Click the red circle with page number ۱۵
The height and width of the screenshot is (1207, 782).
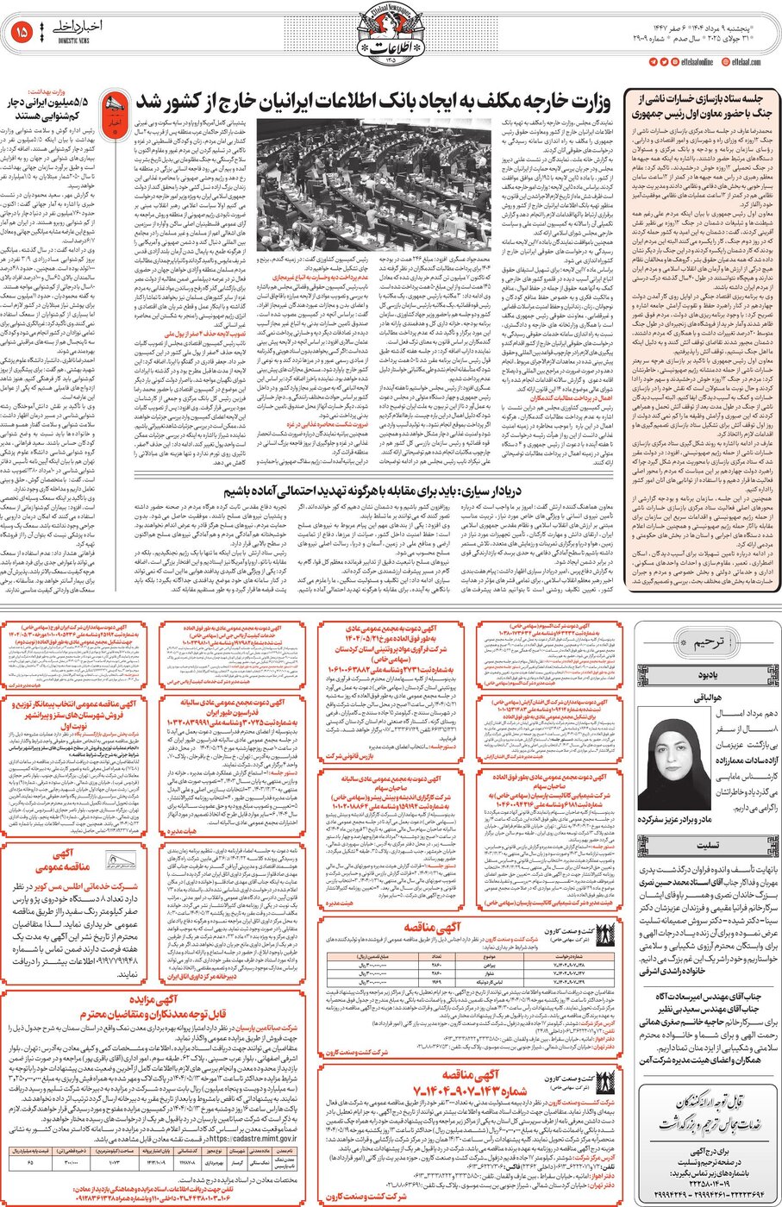click(x=21, y=32)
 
